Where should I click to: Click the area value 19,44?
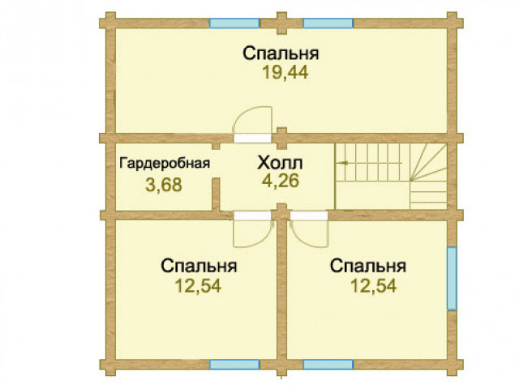pyautogui.click(x=285, y=72)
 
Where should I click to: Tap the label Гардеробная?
pyautogui.click(x=165, y=164)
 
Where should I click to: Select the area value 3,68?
pyautogui.click(x=164, y=185)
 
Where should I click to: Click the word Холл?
pyautogui.click(x=280, y=163)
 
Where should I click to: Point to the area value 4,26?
pyautogui.click(x=281, y=181)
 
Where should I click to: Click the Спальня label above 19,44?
pyautogui.click(x=281, y=53)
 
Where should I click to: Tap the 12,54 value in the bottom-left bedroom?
pyautogui.click(x=198, y=286)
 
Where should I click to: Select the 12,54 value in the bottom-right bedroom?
pyautogui.click(x=373, y=286)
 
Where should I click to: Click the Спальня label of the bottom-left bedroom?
pyautogui.click(x=199, y=266)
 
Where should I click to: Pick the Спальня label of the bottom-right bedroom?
pyautogui.click(x=368, y=266)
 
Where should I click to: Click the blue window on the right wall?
pyautogui.click(x=452, y=279)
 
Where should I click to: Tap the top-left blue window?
pyautogui.click(x=234, y=24)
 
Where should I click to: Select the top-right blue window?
pyautogui.click(x=328, y=24)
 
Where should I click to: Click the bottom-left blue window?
pyautogui.click(x=234, y=365)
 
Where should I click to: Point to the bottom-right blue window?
pyautogui.click(x=328, y=365)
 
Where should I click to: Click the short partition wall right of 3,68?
pyautogui.click(x=216, y=194)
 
